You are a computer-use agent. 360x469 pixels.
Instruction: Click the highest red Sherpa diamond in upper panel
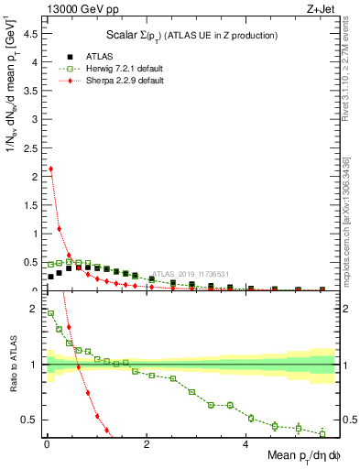point(50,169)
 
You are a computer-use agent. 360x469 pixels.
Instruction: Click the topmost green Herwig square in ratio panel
point(50,313)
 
